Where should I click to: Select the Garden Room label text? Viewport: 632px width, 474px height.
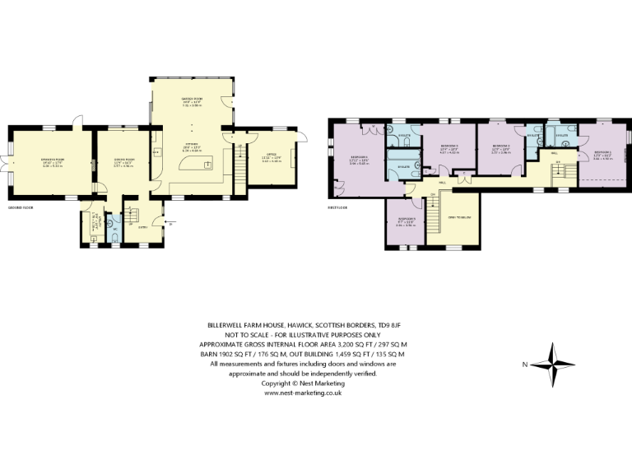point(192,100)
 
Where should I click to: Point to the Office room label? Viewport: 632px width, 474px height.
point(271,158)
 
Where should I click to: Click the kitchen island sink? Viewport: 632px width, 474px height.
point(207,164)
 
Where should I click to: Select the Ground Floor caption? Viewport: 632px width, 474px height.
point(20,209)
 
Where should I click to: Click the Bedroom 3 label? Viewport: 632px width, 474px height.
point(448,149)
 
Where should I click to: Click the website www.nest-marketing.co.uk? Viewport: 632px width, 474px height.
point(303,393)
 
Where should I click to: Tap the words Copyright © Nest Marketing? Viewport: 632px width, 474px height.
point(303,383)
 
